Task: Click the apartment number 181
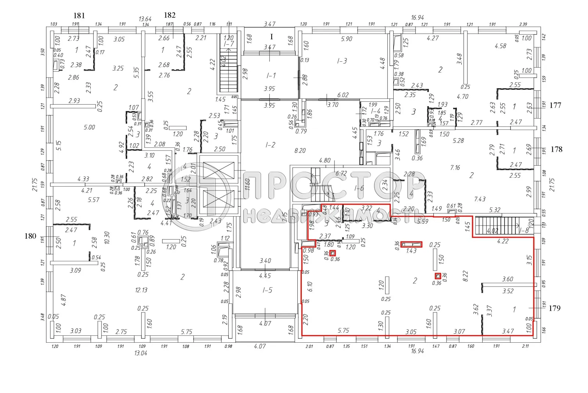79,15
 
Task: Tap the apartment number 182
169,15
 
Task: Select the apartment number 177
555,105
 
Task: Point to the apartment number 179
555,308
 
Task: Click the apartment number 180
30,236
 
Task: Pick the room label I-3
342,61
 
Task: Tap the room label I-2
270,145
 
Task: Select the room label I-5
267,290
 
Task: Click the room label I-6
359,188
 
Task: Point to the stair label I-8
524,231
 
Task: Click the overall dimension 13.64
145,19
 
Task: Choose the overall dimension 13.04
141,353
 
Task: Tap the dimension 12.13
141,290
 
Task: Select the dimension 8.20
300,151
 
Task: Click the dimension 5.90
346,39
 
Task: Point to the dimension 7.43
480,199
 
